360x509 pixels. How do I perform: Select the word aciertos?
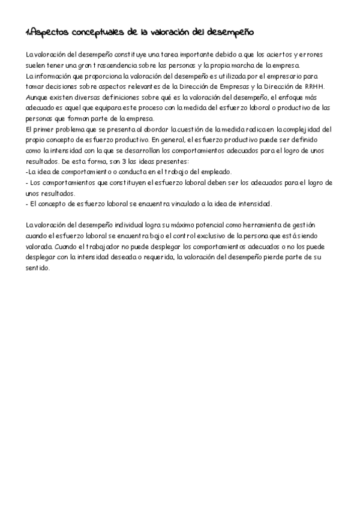pos(277,55)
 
